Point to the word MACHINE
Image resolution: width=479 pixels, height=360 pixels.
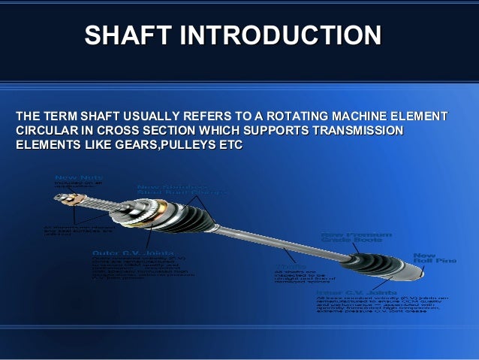click(352, 117)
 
